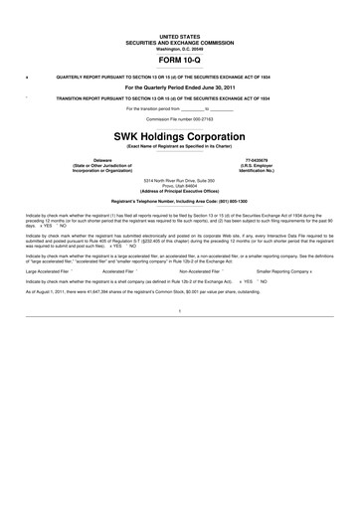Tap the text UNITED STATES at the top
[180, 34]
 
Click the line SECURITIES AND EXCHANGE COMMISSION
[180, 40]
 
